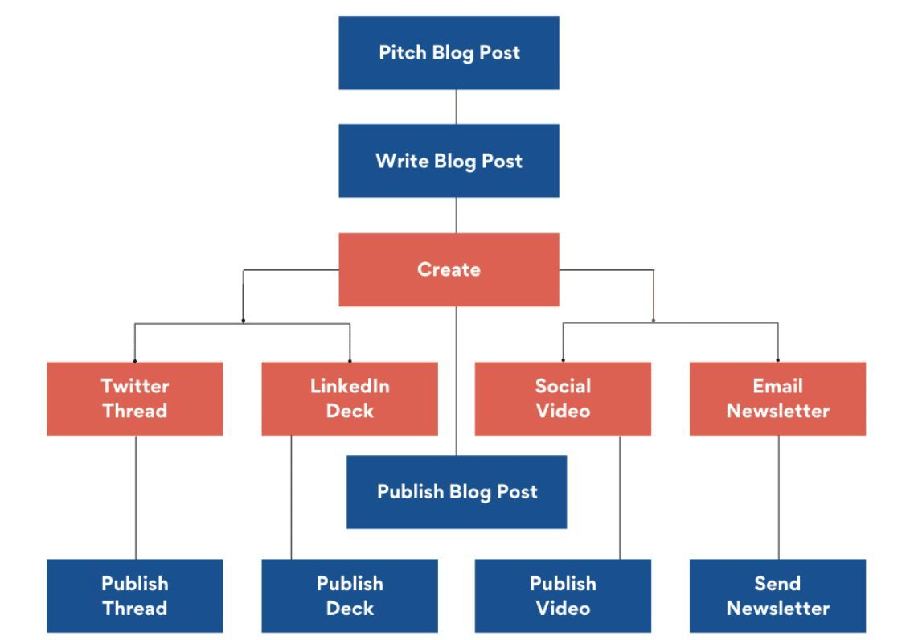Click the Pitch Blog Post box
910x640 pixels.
click(x=449, y=53)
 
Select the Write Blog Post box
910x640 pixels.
click(x=449, y=161)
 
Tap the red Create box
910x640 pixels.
click(x=449, y=270)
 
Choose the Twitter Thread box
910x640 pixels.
click(x=134, y=399)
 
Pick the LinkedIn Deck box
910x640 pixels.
click(x=350, y=399)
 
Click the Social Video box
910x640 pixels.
click(x=563, y=399)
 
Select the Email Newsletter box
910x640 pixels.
click(x=777, y=399)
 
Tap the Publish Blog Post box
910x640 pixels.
click(x=457, y=492)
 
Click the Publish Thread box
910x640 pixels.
click(x=134, y=596)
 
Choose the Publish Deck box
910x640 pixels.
click(x=350, y=596)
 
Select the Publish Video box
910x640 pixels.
click(x=563, y=596)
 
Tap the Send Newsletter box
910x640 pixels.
click(x=777, y=596)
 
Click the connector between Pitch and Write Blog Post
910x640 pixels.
click(x=456, y=107)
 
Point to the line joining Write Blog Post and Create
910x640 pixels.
click(x=456, y=215)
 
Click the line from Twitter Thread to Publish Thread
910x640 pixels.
click(x=136, y=497)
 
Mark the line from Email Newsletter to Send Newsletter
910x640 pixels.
click(x=778, y=497)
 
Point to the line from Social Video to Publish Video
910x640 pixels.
click(x=620, y=497)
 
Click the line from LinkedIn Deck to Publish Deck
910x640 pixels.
click(x=291, y=497)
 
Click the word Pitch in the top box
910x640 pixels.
click(x=403, y=52)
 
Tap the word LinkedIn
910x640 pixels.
click(x=350, y=386)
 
